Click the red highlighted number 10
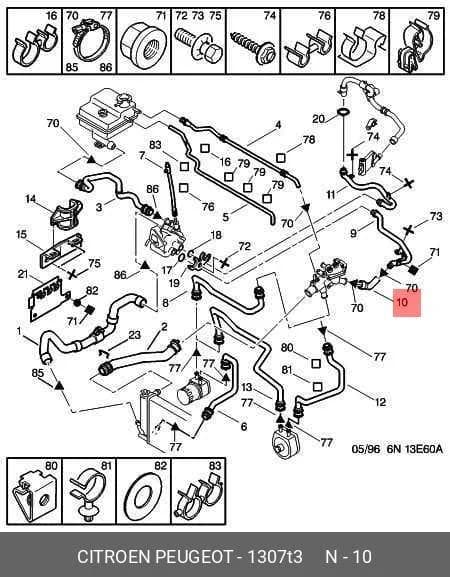click(x=401, y=302)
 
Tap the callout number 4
click(x=278, y=125)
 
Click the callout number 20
click(x=319, y=118)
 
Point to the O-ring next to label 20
click(x=343, y=111)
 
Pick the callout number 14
click(x=31, y=199)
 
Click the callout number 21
click(x=23, y=274)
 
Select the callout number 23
click(x=134, y=335)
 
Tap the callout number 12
click(x=379, y=401)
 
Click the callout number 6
click(x=244, y=426)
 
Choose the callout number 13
click(x=247, y=387)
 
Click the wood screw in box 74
click(x=253, y=46)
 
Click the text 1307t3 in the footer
click(x=275, y=556)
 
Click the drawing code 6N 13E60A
click(x=414, y=449)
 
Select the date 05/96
click(x=366, y=449)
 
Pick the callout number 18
click(x=216, y=235)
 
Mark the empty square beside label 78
click(x=280, y=157)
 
